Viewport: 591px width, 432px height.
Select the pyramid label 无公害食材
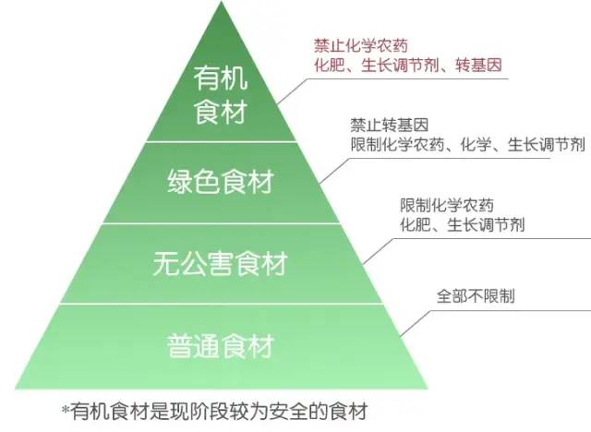(220, 265)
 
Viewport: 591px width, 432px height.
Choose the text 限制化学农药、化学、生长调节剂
(467, 145)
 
